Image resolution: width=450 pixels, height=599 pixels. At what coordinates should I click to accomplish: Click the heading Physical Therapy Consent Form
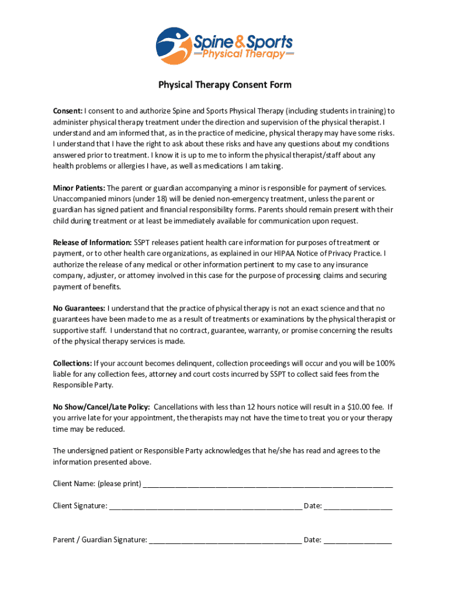[224, 85]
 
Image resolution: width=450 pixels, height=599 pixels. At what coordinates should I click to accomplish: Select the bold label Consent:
[68, 111]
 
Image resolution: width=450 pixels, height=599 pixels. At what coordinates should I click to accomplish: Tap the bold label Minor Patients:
[79, 188]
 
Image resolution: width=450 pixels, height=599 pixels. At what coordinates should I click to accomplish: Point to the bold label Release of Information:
[92, 242]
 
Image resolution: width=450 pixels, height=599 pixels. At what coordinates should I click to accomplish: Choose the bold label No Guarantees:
[79, 308]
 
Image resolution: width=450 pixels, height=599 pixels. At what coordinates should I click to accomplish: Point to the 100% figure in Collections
[385, 363]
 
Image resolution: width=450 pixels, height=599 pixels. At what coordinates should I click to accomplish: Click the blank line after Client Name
[268, 484]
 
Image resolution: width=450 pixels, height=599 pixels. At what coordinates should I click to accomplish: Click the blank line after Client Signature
[205, 506]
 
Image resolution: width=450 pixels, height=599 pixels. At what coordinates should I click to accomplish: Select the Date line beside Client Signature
[358, 506]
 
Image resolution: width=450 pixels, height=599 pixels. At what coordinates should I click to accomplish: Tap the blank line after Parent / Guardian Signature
[225, 540]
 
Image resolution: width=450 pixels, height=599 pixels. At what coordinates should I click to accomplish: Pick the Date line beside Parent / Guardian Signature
[358, 540]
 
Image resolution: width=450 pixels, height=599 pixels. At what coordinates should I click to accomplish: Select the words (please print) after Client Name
[119, 484]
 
